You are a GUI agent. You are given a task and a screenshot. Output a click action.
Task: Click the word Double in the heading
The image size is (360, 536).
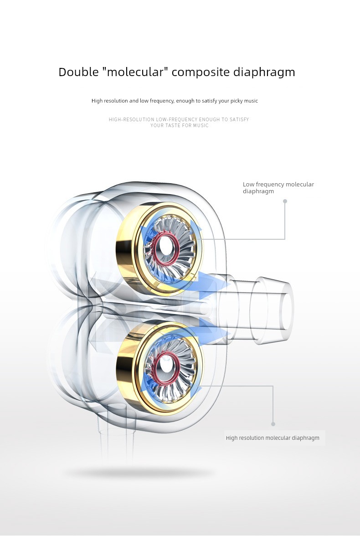tap(78, 72)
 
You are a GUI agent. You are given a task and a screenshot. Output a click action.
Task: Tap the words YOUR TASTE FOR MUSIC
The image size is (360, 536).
tap(180, 125)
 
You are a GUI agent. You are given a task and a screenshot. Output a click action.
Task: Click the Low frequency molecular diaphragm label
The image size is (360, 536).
tap(278, 188)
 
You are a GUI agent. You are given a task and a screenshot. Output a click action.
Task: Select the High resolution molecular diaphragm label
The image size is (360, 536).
tap(273, 438)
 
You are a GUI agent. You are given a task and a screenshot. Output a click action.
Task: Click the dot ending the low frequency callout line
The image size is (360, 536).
tap(285, 201)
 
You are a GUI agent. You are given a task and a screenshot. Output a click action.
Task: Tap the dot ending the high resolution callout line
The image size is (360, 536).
tap(273, 424)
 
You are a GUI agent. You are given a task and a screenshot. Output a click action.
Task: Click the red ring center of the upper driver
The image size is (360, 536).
tap(166, 248)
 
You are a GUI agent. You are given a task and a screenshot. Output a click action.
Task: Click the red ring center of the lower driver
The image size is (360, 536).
tap(166, 368)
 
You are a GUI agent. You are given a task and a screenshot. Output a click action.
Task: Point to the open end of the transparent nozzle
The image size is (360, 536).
tap(287, 309)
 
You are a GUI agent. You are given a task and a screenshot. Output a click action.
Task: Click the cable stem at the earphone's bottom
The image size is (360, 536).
tap(116, 444)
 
